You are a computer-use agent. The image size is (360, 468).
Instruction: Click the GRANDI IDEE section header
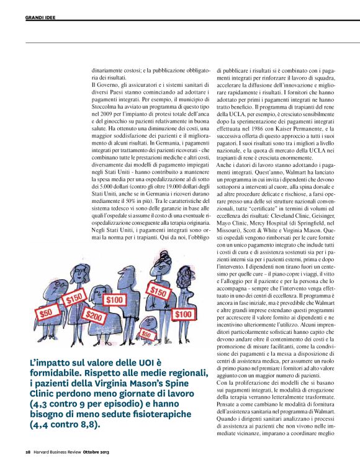tap(39, 18)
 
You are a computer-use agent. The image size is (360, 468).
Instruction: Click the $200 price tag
tap(94, 315)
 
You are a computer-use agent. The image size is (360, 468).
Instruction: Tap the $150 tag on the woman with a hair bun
tap(160, 291)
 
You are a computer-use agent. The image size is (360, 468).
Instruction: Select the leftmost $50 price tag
tap(45, 313)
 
